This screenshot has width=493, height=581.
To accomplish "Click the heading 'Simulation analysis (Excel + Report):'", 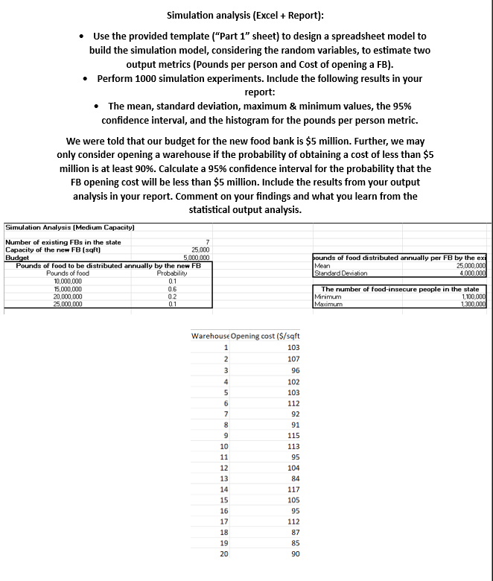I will coord(246,15).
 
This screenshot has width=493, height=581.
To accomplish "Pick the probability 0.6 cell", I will coord(172,288).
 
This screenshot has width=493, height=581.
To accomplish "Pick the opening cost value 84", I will coord(295,478).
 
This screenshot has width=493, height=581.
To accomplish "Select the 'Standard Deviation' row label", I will coord(341,273).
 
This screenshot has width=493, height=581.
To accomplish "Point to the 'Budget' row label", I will coord(16,258).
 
